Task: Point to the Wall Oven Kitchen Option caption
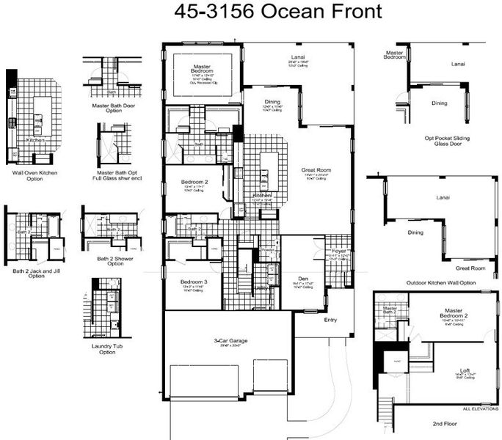[x=35, y=176]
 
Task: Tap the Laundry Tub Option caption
[x=107, y=348]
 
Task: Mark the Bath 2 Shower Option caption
[x=110, y=260]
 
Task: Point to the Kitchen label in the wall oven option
[x=34, y=139]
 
